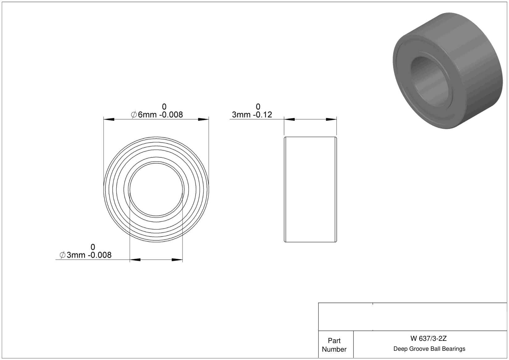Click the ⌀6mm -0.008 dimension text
click(x=157, y=115)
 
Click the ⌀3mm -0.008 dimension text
click(x=85, y=255)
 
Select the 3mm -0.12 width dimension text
click(x=252, y=115)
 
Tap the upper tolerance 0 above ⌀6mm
click(x=164, y=107)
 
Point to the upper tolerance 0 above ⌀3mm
click(x=93, y=247)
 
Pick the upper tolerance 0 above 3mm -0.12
click(x=258, y=107)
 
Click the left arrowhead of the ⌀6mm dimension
click(x=109, y=120)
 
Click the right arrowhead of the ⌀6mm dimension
click(x=203, y=120)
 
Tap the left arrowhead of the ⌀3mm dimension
click(x=135, y=260)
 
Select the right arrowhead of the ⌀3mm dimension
click(x=177, y=260)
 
